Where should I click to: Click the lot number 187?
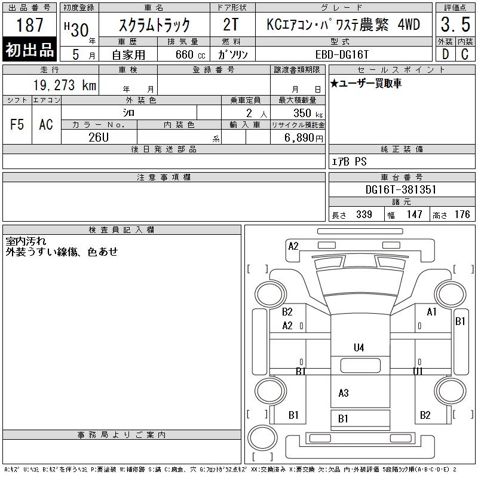point(29,24)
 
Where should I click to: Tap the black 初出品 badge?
point(29,50)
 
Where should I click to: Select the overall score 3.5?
point(455,24)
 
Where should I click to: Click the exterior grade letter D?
point(445,54)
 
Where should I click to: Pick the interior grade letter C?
point(465,54)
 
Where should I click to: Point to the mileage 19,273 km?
point(65,85)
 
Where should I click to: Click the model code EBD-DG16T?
point(342,54)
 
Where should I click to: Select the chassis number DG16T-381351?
point(401,189)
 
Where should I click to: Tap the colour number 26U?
point(99,137)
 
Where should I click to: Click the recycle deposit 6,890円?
point(304,138)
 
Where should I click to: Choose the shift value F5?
point(17,124)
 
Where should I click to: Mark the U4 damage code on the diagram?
point(359,348)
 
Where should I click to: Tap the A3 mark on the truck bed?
point(344,393)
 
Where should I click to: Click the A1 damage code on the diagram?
point(431,312)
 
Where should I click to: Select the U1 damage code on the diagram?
point(418,371)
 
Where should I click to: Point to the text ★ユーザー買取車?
point(366,83)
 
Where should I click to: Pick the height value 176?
point(462,215)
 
